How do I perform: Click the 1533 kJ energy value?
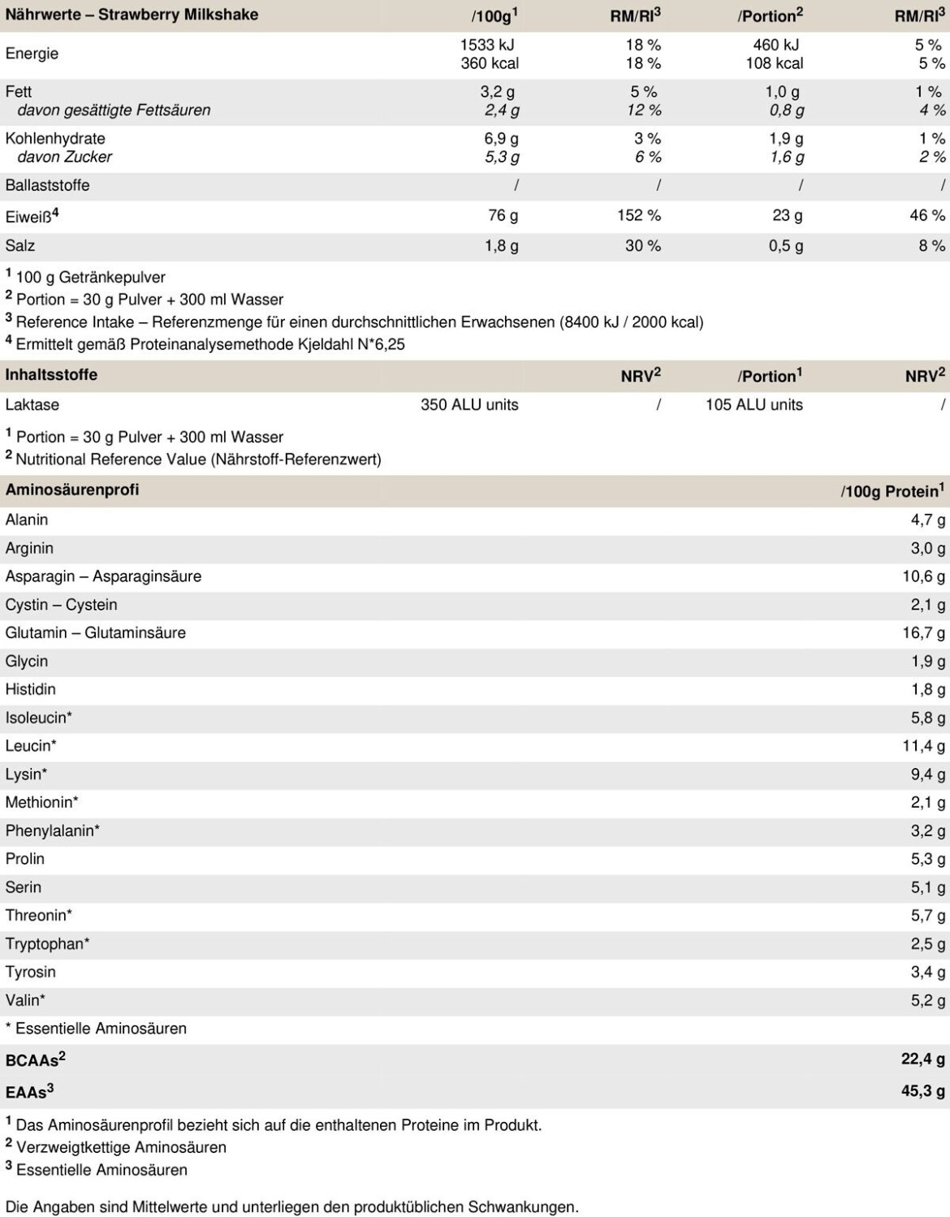tap(487, 45)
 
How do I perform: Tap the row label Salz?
tap(20, 245)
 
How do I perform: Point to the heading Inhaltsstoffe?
tap(51, 375)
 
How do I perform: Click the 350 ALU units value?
tap(469, 404)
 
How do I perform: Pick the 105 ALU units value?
tap(754, 404)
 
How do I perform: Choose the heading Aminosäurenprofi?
tap(72, 490)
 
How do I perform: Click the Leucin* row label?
tap(31, 745)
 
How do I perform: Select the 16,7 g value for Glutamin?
tap(923, 632)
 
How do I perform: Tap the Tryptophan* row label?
tap(47, 943)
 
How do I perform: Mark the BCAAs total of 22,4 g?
tap(923, 1059)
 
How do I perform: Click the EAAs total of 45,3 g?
tap(923, 1091)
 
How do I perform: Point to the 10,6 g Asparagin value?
tap(923, 576)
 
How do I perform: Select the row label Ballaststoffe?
tap(47, 185)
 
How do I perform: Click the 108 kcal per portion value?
tap(775, 63)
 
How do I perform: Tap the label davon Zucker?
tap(64, 157)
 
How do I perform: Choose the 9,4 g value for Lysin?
tap(928, 774)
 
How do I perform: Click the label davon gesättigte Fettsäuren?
tap(114, 110)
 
